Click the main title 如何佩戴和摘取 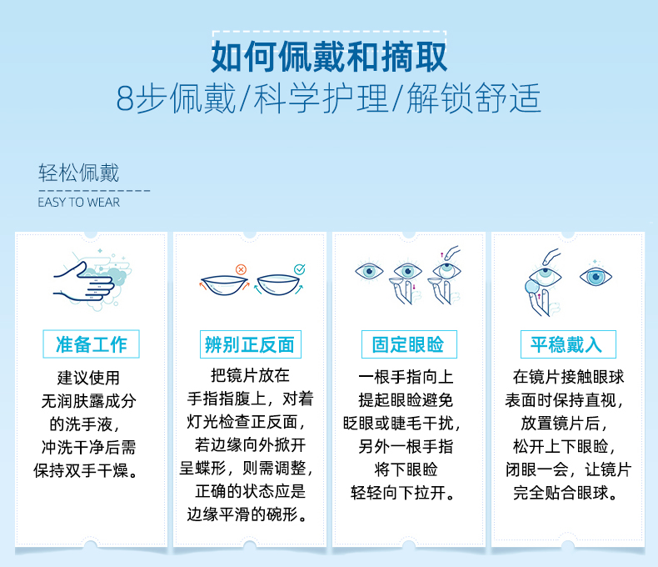[x=329, y=57]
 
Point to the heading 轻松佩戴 [x=79, y=173]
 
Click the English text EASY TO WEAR [x=79, y=202]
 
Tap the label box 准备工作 [x=91, y=344]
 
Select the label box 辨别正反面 [x=250, y=344]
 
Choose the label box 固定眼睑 [x=408, y=344]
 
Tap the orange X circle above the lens [x=241, y=270]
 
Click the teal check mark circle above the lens [x=299, y=270]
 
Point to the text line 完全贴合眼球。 [x=566, y=492]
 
